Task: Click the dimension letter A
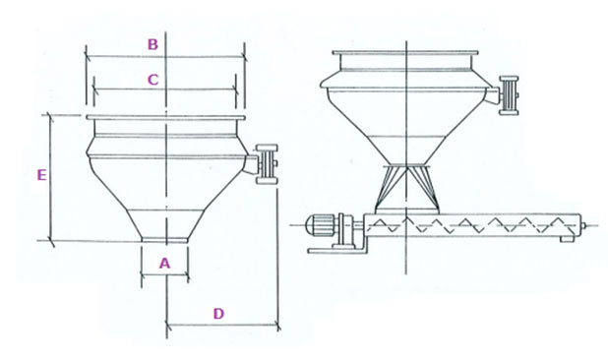165,264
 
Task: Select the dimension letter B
152,44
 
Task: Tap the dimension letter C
153,80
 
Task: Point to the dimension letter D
218,314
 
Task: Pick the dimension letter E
41,175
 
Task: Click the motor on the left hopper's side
267,164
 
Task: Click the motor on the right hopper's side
509,95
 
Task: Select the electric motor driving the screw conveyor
321,225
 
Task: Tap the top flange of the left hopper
165,117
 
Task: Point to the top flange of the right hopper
405,53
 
